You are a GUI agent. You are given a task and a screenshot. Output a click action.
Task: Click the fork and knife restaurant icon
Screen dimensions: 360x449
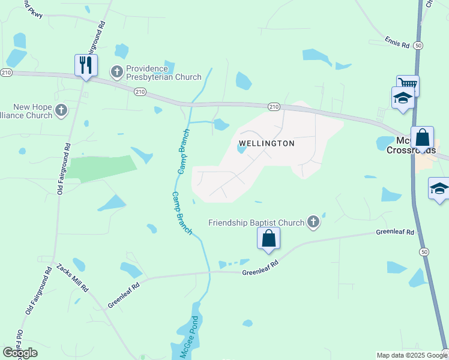pos(86,64)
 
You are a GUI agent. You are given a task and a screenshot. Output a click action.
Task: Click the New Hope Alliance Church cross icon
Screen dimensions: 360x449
pos(61,110)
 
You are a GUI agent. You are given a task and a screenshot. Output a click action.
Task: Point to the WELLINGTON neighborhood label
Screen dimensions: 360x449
pos(267,143)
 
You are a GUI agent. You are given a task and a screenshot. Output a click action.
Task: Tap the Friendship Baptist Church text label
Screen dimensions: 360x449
pos(256,223)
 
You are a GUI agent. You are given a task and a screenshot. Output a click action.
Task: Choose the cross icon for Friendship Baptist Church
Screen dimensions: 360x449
pos(313,223)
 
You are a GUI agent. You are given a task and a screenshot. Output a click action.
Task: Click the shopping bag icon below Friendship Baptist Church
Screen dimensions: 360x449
pos(268,238)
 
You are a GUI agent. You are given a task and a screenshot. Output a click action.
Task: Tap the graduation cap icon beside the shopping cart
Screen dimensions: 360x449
pos(402,97)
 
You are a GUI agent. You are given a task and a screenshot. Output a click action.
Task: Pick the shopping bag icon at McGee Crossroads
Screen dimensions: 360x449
pos(422,137)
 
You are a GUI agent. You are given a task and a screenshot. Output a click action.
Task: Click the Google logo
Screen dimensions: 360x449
pos(20,353)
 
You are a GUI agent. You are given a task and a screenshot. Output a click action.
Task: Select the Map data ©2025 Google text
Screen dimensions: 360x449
pos(411,355)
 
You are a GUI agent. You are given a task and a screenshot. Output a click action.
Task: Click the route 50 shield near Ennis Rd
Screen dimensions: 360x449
pos(418,45)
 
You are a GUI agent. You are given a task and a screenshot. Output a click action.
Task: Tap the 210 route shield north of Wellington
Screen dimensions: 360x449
pos(274,107)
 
